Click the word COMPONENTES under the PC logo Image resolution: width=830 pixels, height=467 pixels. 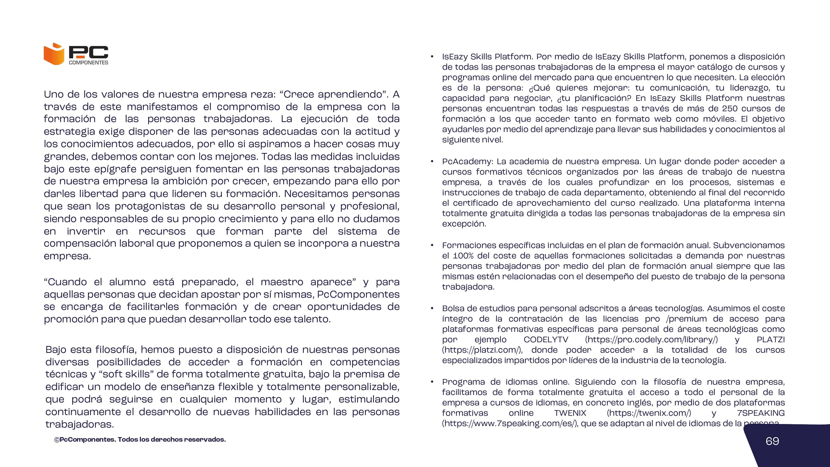[89, 62]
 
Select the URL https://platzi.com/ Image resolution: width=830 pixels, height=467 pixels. [482, 350]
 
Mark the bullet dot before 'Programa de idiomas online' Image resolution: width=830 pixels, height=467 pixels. [432, 382]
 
